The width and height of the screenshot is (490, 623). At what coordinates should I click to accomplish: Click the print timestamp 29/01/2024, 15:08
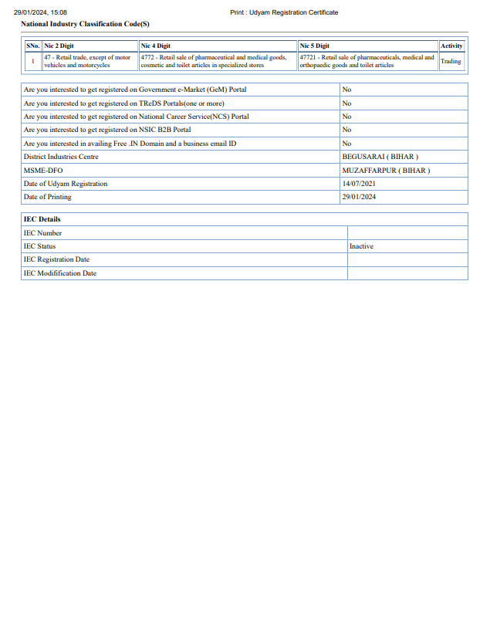[x=40, y=12]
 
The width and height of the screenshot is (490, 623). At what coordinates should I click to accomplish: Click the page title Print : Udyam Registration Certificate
[x=284, y=12]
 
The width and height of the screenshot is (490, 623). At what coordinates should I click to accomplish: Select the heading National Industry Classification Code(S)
[x=85, y=24]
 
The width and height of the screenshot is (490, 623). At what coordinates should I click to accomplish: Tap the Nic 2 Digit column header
[x=59, y=46]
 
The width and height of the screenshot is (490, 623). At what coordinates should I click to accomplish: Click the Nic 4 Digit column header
[x=155, y=46]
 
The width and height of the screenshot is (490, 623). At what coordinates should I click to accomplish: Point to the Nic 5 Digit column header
[x=314, y=46]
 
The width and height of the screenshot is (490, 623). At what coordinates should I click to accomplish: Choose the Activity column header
[x=451, y=46]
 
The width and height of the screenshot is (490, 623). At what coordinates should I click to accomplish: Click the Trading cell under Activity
[x=451, y=61]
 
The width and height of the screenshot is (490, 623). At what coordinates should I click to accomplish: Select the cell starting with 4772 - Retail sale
[x=213, y=61]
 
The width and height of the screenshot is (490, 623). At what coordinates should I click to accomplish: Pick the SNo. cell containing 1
[x=33, y=61]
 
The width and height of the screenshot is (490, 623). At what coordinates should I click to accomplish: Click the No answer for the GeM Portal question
[x=346, y=90]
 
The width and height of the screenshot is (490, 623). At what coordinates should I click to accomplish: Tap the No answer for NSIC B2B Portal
[x=346, y=130]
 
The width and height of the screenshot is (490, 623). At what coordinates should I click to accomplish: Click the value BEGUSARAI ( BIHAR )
[x=380, y=157]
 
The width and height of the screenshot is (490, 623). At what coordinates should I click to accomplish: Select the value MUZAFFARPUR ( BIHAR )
[x=386, y=170]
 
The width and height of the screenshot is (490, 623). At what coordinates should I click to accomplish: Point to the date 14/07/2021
[x=359, y=184]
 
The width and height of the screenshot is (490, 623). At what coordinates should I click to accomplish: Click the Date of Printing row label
[x=47, y=197]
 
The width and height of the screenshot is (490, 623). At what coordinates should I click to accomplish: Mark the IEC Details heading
[x=42, y=219]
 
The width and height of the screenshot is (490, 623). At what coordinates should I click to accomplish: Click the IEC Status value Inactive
[x=361, y=246]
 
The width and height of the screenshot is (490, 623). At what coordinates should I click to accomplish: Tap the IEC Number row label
[x=42, y=233]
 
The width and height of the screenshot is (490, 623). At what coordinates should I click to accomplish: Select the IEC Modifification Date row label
[x=60, y=273]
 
